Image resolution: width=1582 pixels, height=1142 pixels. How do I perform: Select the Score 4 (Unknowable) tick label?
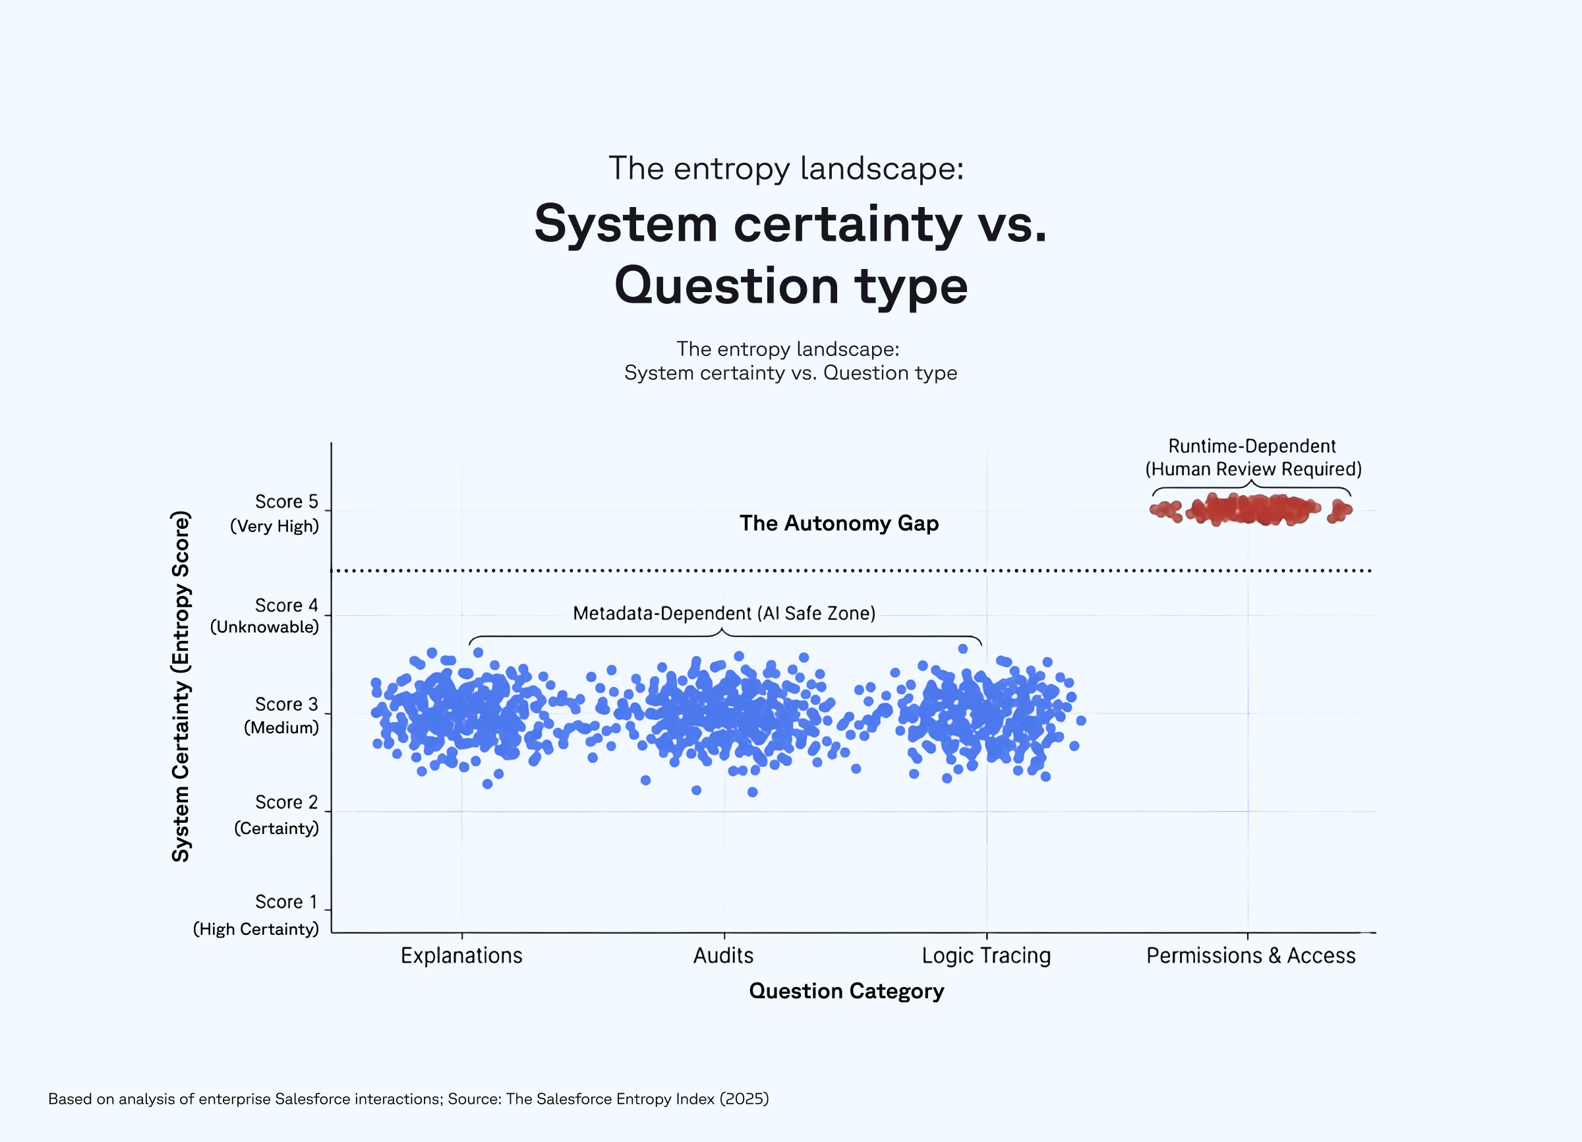[x=264, y=616]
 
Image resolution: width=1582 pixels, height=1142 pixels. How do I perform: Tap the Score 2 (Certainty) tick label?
[x=276, y=815]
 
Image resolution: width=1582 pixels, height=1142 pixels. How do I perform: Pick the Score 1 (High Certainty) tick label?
[x=256, y=915]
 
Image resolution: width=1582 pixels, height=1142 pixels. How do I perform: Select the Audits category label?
[x=723, y=955]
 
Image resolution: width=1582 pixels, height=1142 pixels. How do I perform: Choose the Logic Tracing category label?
[x=985, y=955]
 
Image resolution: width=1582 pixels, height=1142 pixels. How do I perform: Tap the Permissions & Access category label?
[x=1250, y=955]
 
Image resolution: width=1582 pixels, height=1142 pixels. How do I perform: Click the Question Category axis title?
[x=846, y=990]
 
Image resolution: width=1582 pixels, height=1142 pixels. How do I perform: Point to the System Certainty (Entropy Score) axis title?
[x=181, y=686]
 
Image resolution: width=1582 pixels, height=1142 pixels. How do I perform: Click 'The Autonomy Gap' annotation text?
[x=838, y=524]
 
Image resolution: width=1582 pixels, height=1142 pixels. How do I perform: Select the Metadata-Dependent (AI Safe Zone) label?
[x=724, y=613]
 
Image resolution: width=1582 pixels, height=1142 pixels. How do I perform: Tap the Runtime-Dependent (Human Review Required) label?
[x=1253, y=458]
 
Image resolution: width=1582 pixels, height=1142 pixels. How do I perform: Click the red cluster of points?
[x=1251, y=509]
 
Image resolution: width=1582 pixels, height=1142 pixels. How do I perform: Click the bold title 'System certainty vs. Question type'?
[x=790, y=254]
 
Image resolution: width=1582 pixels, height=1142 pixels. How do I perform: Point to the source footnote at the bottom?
[x=408, y=1098]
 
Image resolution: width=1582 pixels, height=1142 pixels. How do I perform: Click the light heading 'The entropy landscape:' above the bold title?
[x=786, y=168]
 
